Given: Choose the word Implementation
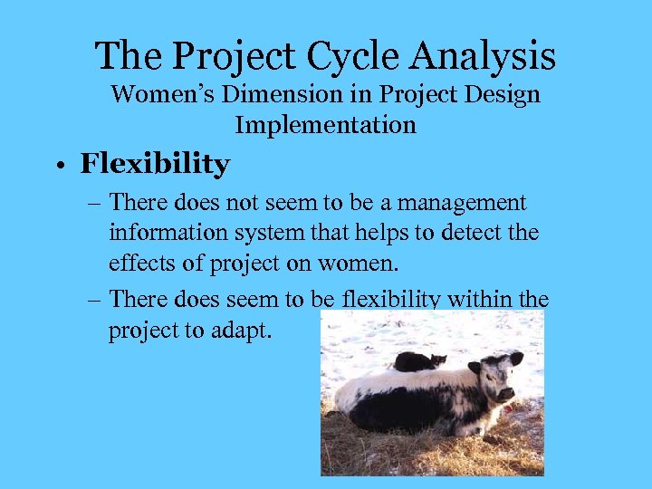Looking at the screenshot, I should [325, 124].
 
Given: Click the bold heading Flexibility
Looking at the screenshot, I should [155, 165].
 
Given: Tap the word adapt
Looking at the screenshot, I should [241, 330].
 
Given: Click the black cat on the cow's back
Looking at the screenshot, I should [417, 360].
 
